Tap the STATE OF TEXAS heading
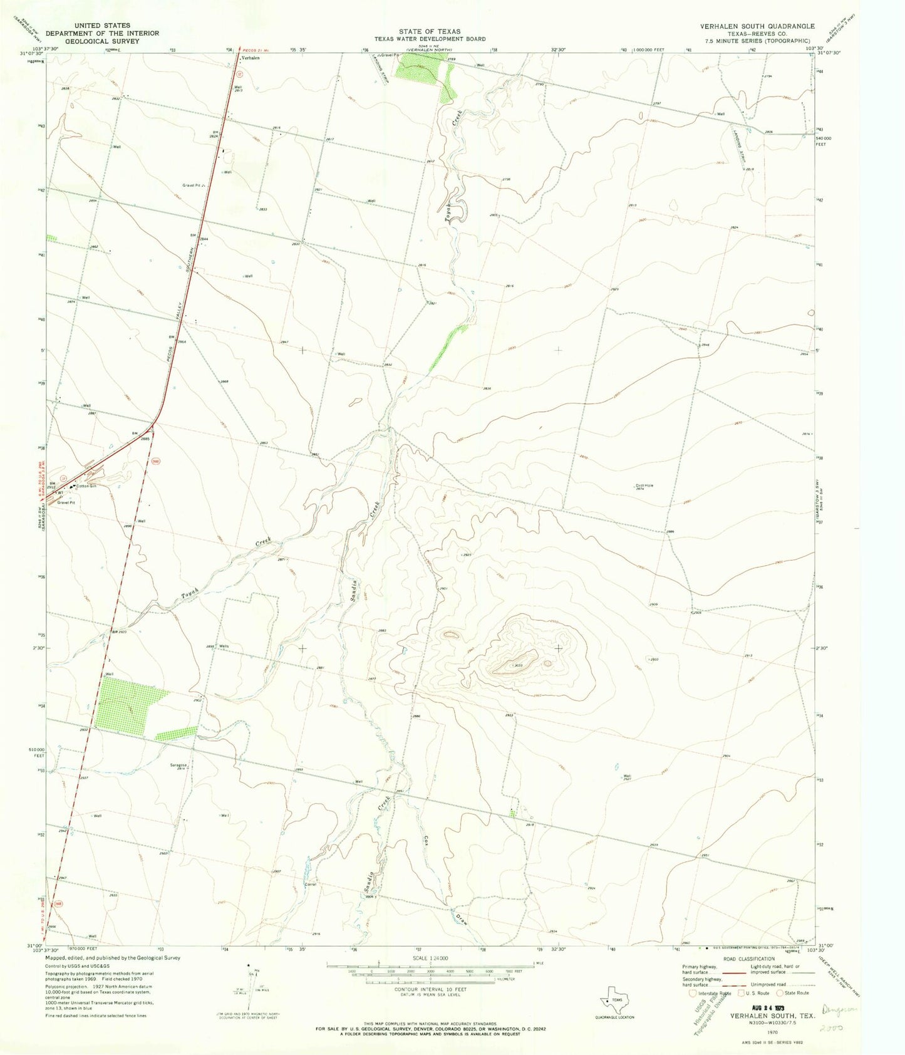point(430,31)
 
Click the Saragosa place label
point(180,764)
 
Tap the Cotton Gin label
point(88,486)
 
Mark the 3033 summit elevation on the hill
point(518,665)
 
